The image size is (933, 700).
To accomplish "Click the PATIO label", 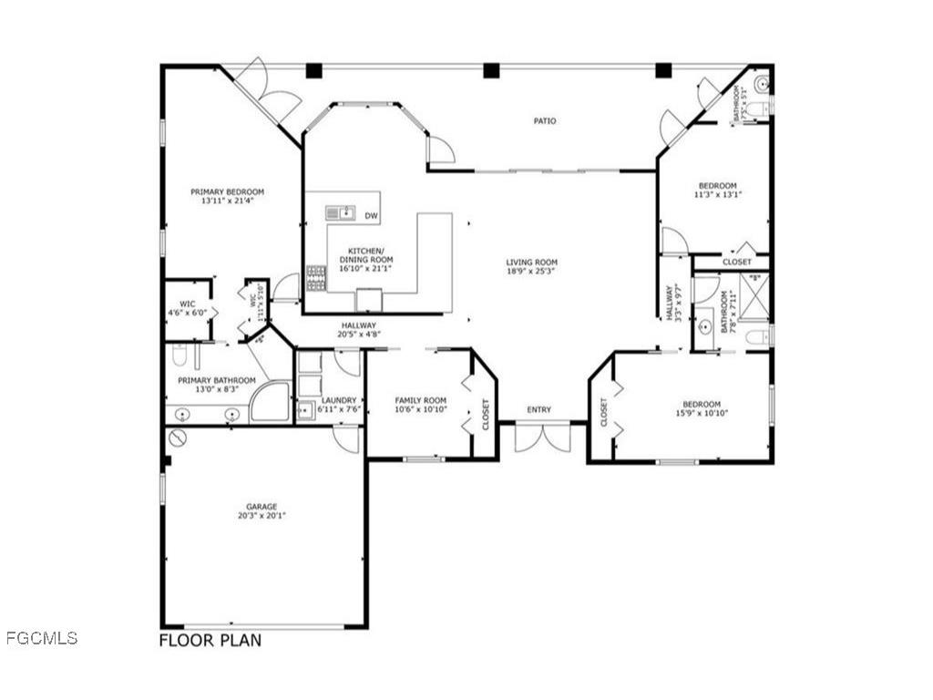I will [x=545, y=120].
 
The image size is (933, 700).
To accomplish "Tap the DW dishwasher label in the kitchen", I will [x=371, y=216].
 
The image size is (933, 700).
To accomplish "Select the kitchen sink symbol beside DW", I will [x=341, y=213].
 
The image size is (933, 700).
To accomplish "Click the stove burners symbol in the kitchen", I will [x=316, y=278].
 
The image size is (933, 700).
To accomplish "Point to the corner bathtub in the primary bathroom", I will [x=270, y=403].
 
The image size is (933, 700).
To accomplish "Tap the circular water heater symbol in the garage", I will [x=178, y=438].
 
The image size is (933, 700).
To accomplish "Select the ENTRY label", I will [x=538, y=409].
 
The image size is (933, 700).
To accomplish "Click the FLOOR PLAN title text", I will [x=210, y=641].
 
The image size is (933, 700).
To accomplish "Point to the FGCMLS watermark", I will [x=42, y=638].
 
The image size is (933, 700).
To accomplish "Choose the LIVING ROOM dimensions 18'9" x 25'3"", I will [x=531, y=271].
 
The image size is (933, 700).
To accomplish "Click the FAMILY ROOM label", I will [x=420, y=400].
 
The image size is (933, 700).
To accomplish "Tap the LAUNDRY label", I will [x=339, y=400].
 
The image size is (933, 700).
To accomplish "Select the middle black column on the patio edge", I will [x=492, y=70].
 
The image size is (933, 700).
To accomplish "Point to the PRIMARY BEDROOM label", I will [x=227, y=191].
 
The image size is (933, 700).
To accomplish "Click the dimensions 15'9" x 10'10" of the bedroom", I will [x=702, y=413].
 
